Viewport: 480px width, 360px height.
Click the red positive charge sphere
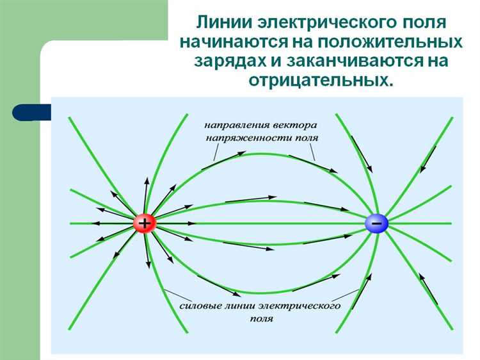tap(145, 223)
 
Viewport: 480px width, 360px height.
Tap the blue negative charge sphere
tap(376, 223)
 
